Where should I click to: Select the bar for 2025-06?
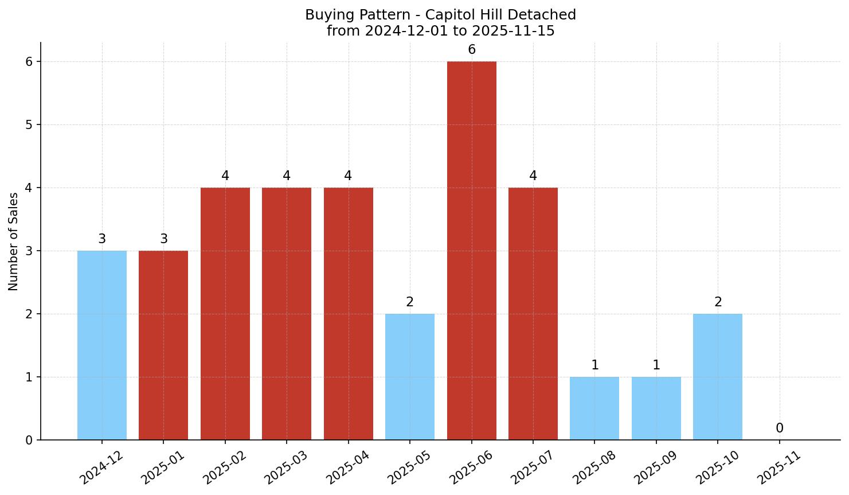[471, 251]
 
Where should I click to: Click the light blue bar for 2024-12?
[102, 345]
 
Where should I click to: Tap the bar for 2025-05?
[410, 377]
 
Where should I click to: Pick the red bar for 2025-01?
[163, 345]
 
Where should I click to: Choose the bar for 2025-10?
[718, 377]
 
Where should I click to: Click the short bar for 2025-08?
[594, 408]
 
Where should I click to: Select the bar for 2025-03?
[287, 314]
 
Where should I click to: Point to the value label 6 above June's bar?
[472, 50]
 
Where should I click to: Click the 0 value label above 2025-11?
[780, 428]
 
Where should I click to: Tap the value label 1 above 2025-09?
[656, 365]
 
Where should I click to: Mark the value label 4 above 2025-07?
[533, 176]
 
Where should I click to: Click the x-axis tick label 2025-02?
[225, 467]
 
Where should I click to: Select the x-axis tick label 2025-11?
[779, 467]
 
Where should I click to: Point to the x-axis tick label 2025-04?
[348, 467]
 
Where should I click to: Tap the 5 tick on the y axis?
[29, 124]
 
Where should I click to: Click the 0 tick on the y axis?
[29, 441]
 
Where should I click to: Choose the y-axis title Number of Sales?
[14, 241]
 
